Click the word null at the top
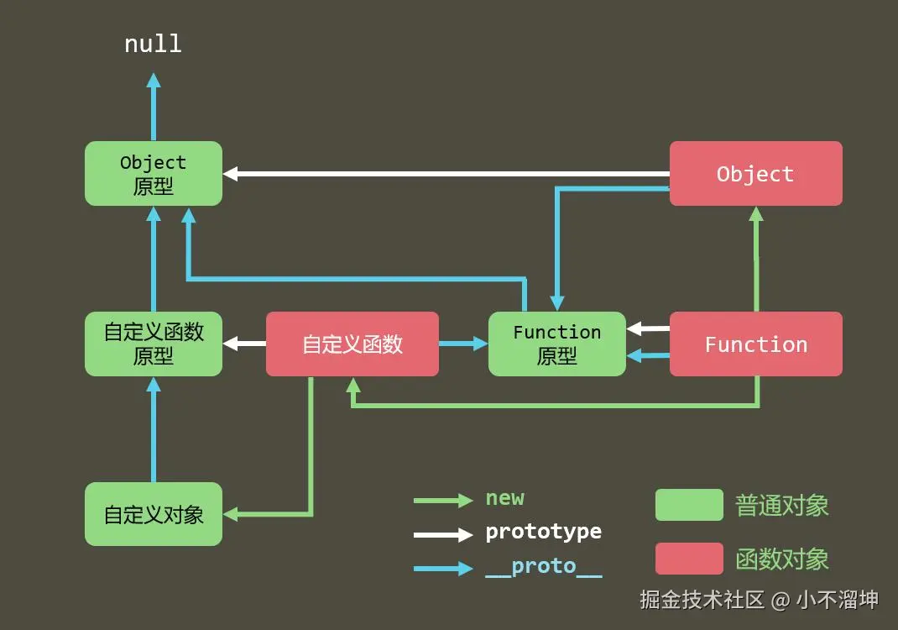(153, 44)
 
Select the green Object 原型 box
(154, 174)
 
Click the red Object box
(755, 174)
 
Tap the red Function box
(755, 344)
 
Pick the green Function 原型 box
(557, 344)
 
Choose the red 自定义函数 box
(352, 344)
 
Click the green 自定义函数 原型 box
(154, 344)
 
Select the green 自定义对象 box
(154, 514)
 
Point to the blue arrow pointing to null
(154, 108)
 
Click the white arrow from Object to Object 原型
(445, 174)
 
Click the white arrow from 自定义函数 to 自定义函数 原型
(244, 344)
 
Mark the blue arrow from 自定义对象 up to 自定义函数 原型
(154, 430)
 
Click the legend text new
(504, 498)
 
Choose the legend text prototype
(543, 533)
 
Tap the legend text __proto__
(543, 567)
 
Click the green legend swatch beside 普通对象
(689, 505)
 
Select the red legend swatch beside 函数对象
(689, 559)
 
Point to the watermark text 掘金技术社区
(702, 600)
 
